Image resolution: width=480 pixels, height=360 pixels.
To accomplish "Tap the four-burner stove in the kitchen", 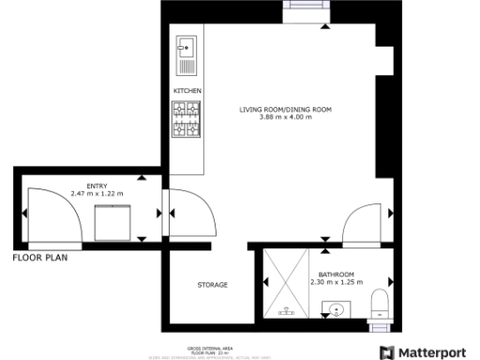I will point(187,119).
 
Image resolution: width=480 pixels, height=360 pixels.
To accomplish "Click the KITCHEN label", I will point(187,90).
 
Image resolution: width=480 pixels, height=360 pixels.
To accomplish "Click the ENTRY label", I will point(97,186).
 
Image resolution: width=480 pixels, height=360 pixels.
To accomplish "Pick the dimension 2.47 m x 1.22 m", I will point(97,193).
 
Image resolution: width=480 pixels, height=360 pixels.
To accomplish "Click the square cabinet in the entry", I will point(115,222).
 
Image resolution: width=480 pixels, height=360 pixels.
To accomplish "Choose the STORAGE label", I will point(212,284).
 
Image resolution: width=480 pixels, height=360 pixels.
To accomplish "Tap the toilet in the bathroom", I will point(381,303).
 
